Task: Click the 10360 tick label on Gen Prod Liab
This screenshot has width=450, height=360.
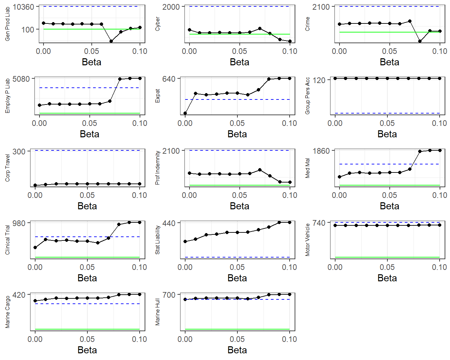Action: tap(23, 7)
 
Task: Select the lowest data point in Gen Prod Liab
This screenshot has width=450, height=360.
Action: tap(111, 41)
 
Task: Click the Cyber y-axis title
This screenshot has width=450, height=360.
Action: tap(157, 24)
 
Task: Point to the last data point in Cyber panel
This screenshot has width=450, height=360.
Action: tap(290, 41)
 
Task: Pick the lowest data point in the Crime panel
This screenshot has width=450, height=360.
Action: tap(420, 41)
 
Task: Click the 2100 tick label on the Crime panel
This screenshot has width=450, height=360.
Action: tap(321, 7)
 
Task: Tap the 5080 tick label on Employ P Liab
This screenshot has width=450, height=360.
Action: tap(21, 79)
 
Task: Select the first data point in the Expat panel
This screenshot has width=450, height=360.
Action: tap(185, 113)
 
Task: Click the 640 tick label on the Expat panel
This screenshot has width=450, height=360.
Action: tap(169, 79)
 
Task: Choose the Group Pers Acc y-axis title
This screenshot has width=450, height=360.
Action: tap(307, 96)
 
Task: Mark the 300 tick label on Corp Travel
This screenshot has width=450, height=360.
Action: tap(19, 151)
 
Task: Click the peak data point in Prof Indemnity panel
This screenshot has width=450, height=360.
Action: tap(260, 170)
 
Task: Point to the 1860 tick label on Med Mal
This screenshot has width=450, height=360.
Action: tap(321, 151)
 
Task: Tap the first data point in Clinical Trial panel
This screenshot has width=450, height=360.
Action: tap(35, 247)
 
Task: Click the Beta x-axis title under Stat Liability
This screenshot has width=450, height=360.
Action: tap(237, 278)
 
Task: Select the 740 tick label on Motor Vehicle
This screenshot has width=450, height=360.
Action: tap(319, 223)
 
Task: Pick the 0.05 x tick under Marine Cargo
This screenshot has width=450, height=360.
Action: tap(87, 339)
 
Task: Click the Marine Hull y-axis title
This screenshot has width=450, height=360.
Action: tap(157, 312)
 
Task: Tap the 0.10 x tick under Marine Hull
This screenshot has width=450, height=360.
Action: tap(289, 339)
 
